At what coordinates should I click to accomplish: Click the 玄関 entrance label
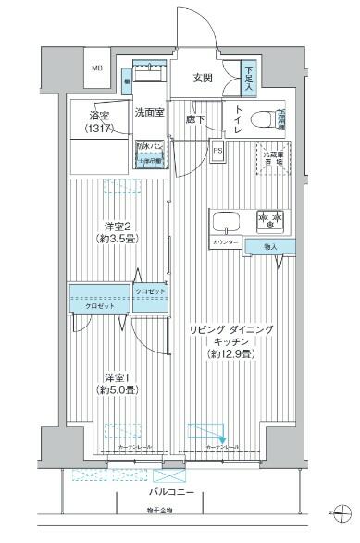pyautogui.click(x=204, y=78)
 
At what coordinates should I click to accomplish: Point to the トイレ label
pyautogui.click(x=236, y=120)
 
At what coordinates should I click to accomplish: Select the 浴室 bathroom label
pyautogui.click(x=100, y=120)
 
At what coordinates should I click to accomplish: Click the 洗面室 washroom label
pyautogui.click(x=148, y=112)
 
